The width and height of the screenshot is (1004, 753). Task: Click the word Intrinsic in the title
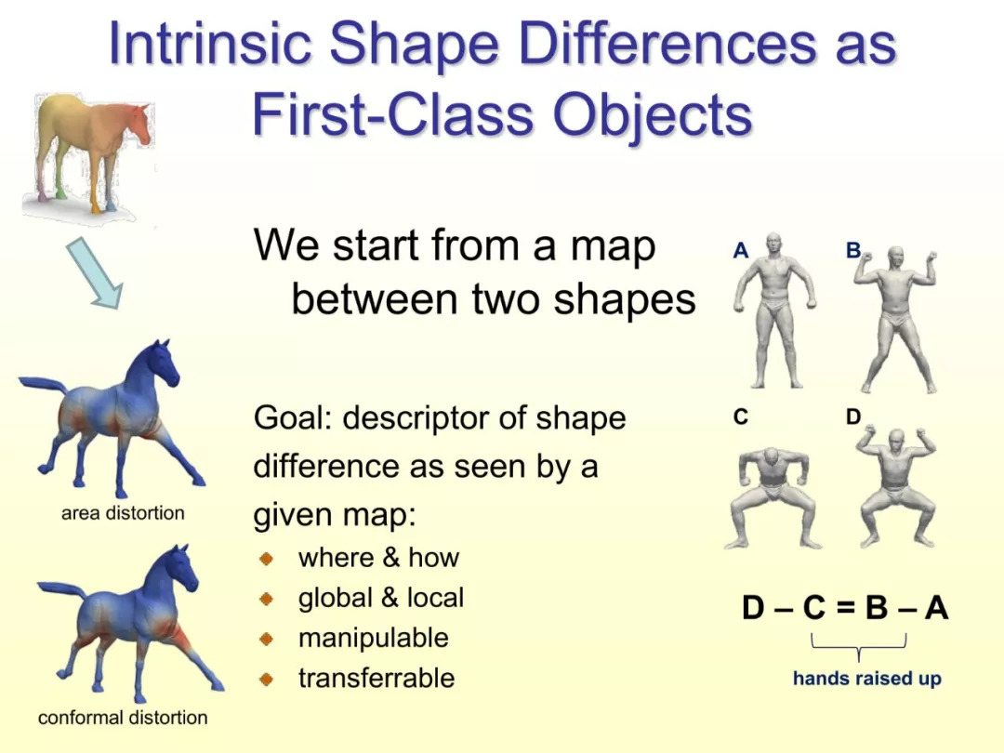click(x=210, y=44)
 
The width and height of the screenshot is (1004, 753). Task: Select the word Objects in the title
click(x=653, y=115)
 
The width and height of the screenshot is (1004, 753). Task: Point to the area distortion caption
click(x=123, y=513)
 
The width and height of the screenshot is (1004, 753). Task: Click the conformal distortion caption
click(x=123, y=718)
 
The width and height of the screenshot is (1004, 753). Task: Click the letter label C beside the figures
click(x=740, y=416)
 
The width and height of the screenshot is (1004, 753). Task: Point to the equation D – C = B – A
click(x=845, y=607)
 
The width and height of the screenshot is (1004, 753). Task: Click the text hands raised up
click(x=867, y=678)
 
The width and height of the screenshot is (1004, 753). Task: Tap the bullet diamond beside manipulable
click(x=267, y=639)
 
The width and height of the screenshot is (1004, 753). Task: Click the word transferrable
click(x=376, y=678)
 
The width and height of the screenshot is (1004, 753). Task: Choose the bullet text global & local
click(x=381, y=598)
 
